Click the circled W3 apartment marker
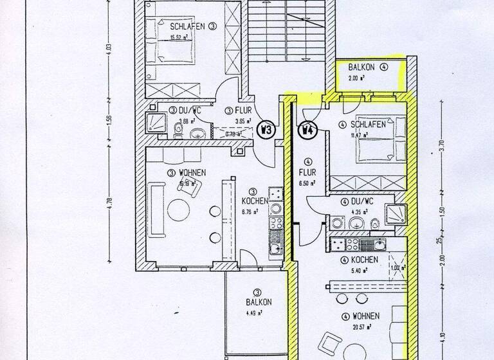(x=265, y=129)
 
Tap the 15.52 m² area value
(x=181, y=37)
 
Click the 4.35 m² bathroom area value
(x=352, y=211)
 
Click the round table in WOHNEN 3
(x=179, y=210)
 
